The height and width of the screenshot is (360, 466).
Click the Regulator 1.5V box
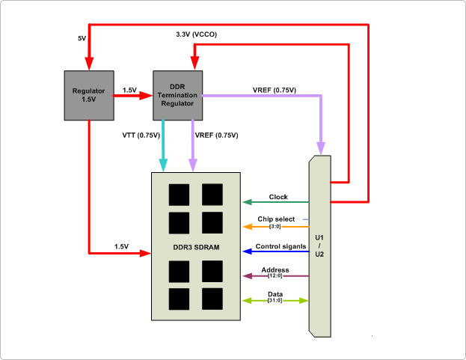(x=88, y=95)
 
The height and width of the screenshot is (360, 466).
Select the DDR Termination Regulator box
(x=177, y=95)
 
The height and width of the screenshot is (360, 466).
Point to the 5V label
(x=82, y=37)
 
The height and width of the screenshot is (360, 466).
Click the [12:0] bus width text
(x=275, y=276)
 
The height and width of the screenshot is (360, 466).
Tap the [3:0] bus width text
(x=275, y=226)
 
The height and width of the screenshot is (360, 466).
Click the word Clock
(x=278, y=197)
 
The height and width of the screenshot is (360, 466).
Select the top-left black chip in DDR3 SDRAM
(x=180, y=195)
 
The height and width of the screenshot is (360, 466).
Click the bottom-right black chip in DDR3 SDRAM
(x=212, y=299)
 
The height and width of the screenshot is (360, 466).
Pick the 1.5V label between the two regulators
(x=129, y=90)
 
